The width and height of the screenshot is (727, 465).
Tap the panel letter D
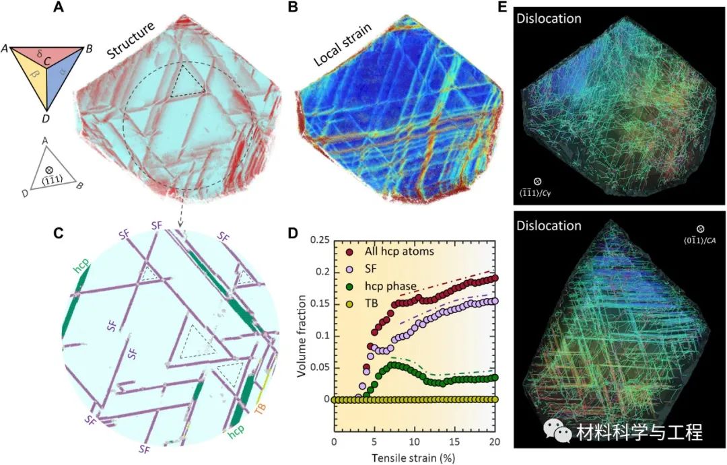pos(292,234)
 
